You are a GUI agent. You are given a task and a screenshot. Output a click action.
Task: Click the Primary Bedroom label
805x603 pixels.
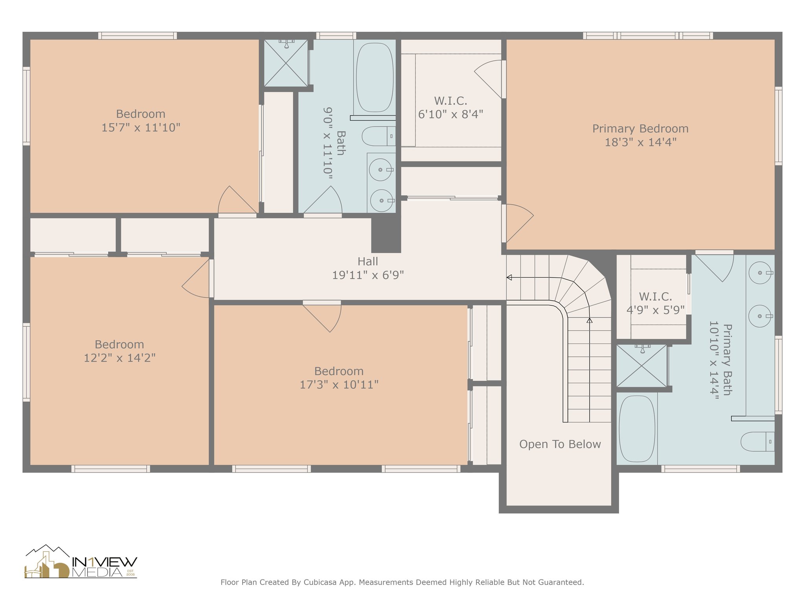coord(640,129)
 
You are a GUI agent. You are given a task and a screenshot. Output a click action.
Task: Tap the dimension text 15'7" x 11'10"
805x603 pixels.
coord(141,128)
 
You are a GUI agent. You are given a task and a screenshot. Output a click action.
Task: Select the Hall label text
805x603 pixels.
coord(368,261)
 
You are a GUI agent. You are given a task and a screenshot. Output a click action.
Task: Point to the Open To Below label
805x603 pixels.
coord(560,444)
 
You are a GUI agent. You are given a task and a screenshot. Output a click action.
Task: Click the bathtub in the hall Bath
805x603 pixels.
coord(375,77)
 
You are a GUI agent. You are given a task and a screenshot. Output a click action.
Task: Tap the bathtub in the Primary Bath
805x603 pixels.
coord(637,429)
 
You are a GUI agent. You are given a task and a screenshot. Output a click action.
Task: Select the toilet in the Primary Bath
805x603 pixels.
coord(757,442)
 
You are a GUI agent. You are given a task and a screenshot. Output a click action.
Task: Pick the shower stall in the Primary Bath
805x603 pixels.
coord(641,366)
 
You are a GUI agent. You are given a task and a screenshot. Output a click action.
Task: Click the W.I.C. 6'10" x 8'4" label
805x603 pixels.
coord(451,108)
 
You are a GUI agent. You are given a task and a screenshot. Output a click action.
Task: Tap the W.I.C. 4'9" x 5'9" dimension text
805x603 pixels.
coord(656,310)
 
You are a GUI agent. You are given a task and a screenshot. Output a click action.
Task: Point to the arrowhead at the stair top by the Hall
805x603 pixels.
coord(509,278)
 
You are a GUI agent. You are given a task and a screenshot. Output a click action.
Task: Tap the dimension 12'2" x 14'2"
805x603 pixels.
coord(119,358)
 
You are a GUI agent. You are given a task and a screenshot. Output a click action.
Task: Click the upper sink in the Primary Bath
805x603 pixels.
coord(760,272)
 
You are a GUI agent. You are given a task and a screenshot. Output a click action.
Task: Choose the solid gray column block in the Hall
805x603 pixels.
coord(386,235)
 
